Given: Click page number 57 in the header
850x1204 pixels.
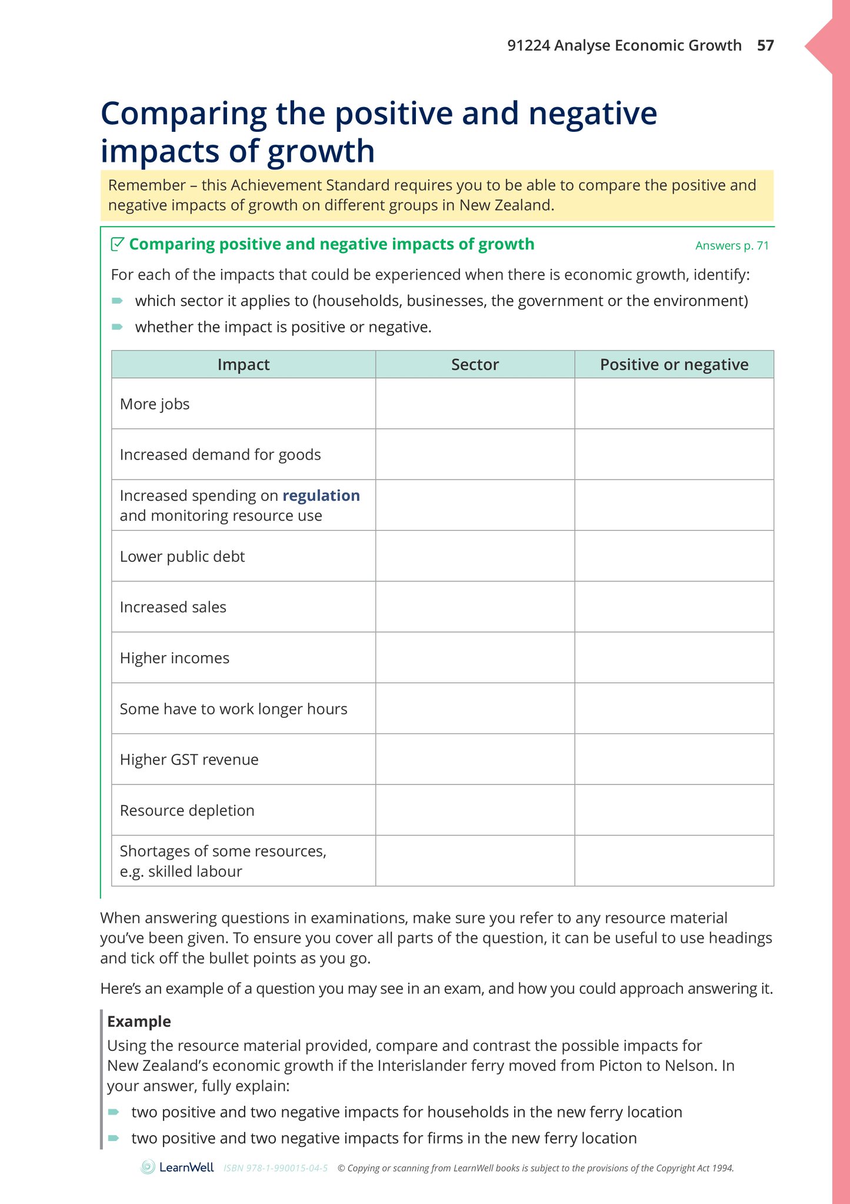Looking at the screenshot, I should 765,45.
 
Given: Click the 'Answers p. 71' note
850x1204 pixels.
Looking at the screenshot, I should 732,245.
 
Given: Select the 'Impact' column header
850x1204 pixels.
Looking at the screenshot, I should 243,364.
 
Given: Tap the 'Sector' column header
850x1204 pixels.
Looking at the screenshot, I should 475,364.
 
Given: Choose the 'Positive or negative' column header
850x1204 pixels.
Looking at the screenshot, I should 674,364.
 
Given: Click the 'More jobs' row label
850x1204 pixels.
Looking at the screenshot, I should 155,404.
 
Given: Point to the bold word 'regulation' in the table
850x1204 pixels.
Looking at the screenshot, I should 321,495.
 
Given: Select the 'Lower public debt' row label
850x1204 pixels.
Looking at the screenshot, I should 182,556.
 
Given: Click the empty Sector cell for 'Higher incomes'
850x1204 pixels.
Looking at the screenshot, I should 475,657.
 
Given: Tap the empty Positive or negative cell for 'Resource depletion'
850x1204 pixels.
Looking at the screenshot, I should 674,810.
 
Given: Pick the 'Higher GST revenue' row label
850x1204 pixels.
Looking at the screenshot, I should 189,759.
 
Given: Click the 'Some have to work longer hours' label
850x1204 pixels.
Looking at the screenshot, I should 234,709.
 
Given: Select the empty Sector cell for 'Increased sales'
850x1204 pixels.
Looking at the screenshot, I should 475,607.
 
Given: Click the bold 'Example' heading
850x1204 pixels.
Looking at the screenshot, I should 139,1021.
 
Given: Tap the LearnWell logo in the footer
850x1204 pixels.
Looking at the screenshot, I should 177,1168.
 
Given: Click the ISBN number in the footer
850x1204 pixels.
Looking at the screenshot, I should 275,1168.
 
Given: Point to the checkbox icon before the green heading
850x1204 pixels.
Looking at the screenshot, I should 118,244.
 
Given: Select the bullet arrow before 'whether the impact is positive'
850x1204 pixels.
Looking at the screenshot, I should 117,327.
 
